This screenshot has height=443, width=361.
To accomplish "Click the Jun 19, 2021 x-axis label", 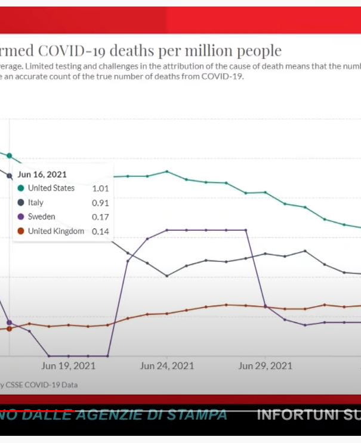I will (69, 365).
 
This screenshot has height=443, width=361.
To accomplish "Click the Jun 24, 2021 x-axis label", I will (167, 365).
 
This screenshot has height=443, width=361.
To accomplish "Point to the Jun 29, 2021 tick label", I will (266, 365).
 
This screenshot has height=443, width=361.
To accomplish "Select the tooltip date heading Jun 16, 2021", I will (42, 175).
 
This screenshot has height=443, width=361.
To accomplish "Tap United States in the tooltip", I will (51, 188).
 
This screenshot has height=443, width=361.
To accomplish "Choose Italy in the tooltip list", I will (36, 203).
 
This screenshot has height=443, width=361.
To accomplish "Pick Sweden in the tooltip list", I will (42, 217).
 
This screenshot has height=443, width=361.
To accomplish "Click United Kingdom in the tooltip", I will (56, 231).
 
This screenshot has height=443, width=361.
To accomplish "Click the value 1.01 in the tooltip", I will (100, 188).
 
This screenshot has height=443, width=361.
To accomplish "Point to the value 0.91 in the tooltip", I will (100, 203).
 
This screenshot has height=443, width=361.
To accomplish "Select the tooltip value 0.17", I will (100, 217).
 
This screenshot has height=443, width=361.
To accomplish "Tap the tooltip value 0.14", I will (100, 231).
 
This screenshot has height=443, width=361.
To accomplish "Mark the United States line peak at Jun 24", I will (167, 172).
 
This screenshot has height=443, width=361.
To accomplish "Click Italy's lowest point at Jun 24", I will (167, 275).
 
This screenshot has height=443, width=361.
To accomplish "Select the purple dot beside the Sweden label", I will (22, 217).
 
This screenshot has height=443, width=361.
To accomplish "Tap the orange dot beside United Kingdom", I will (22, 231).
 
